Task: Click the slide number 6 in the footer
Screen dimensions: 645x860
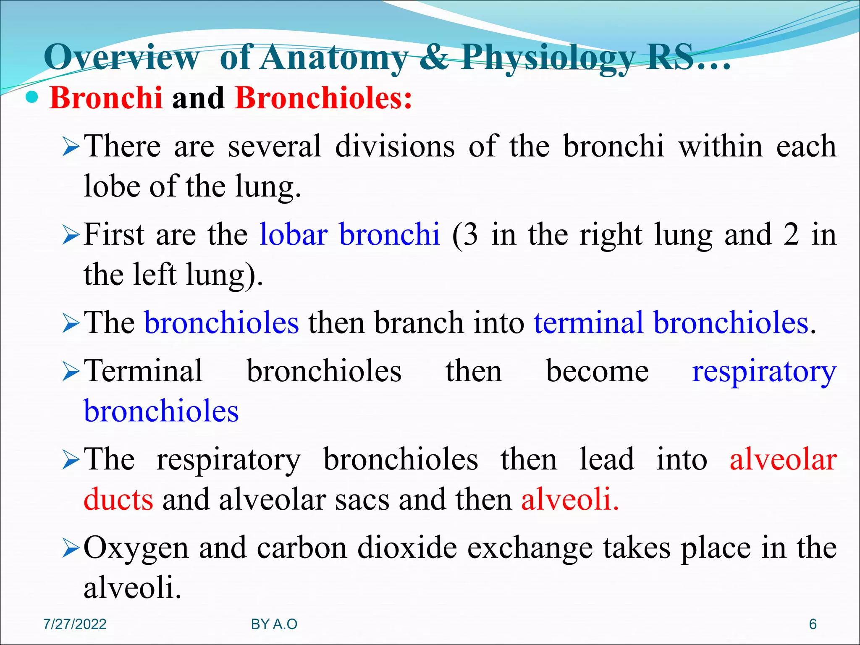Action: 813,624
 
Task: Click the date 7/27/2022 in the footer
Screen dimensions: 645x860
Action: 75,624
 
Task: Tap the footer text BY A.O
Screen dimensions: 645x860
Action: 274,624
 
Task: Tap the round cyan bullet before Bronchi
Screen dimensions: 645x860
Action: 32,97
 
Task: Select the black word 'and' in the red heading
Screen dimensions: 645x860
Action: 198,98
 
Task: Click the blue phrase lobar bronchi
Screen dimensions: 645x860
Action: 349,234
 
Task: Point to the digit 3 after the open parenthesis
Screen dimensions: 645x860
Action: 471,234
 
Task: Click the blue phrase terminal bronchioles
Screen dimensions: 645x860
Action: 671,323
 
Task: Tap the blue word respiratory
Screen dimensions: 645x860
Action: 764,372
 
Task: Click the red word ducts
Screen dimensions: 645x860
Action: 118,500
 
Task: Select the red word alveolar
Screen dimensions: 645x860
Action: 783,460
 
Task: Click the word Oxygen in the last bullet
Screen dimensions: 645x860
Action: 136,548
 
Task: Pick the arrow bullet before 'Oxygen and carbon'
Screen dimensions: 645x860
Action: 71,549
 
